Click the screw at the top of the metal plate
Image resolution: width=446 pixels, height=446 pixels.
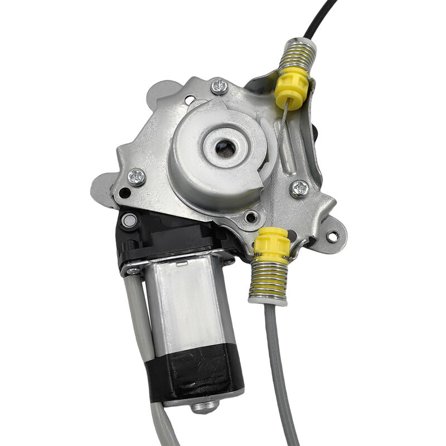click(219, 86)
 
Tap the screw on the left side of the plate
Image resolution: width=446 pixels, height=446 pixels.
click(136, 177)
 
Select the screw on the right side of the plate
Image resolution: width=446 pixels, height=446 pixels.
click(299, 188)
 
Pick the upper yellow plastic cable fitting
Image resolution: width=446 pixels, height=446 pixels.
click(291, 88)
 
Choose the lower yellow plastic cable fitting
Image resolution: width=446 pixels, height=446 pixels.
click(271, 245)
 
